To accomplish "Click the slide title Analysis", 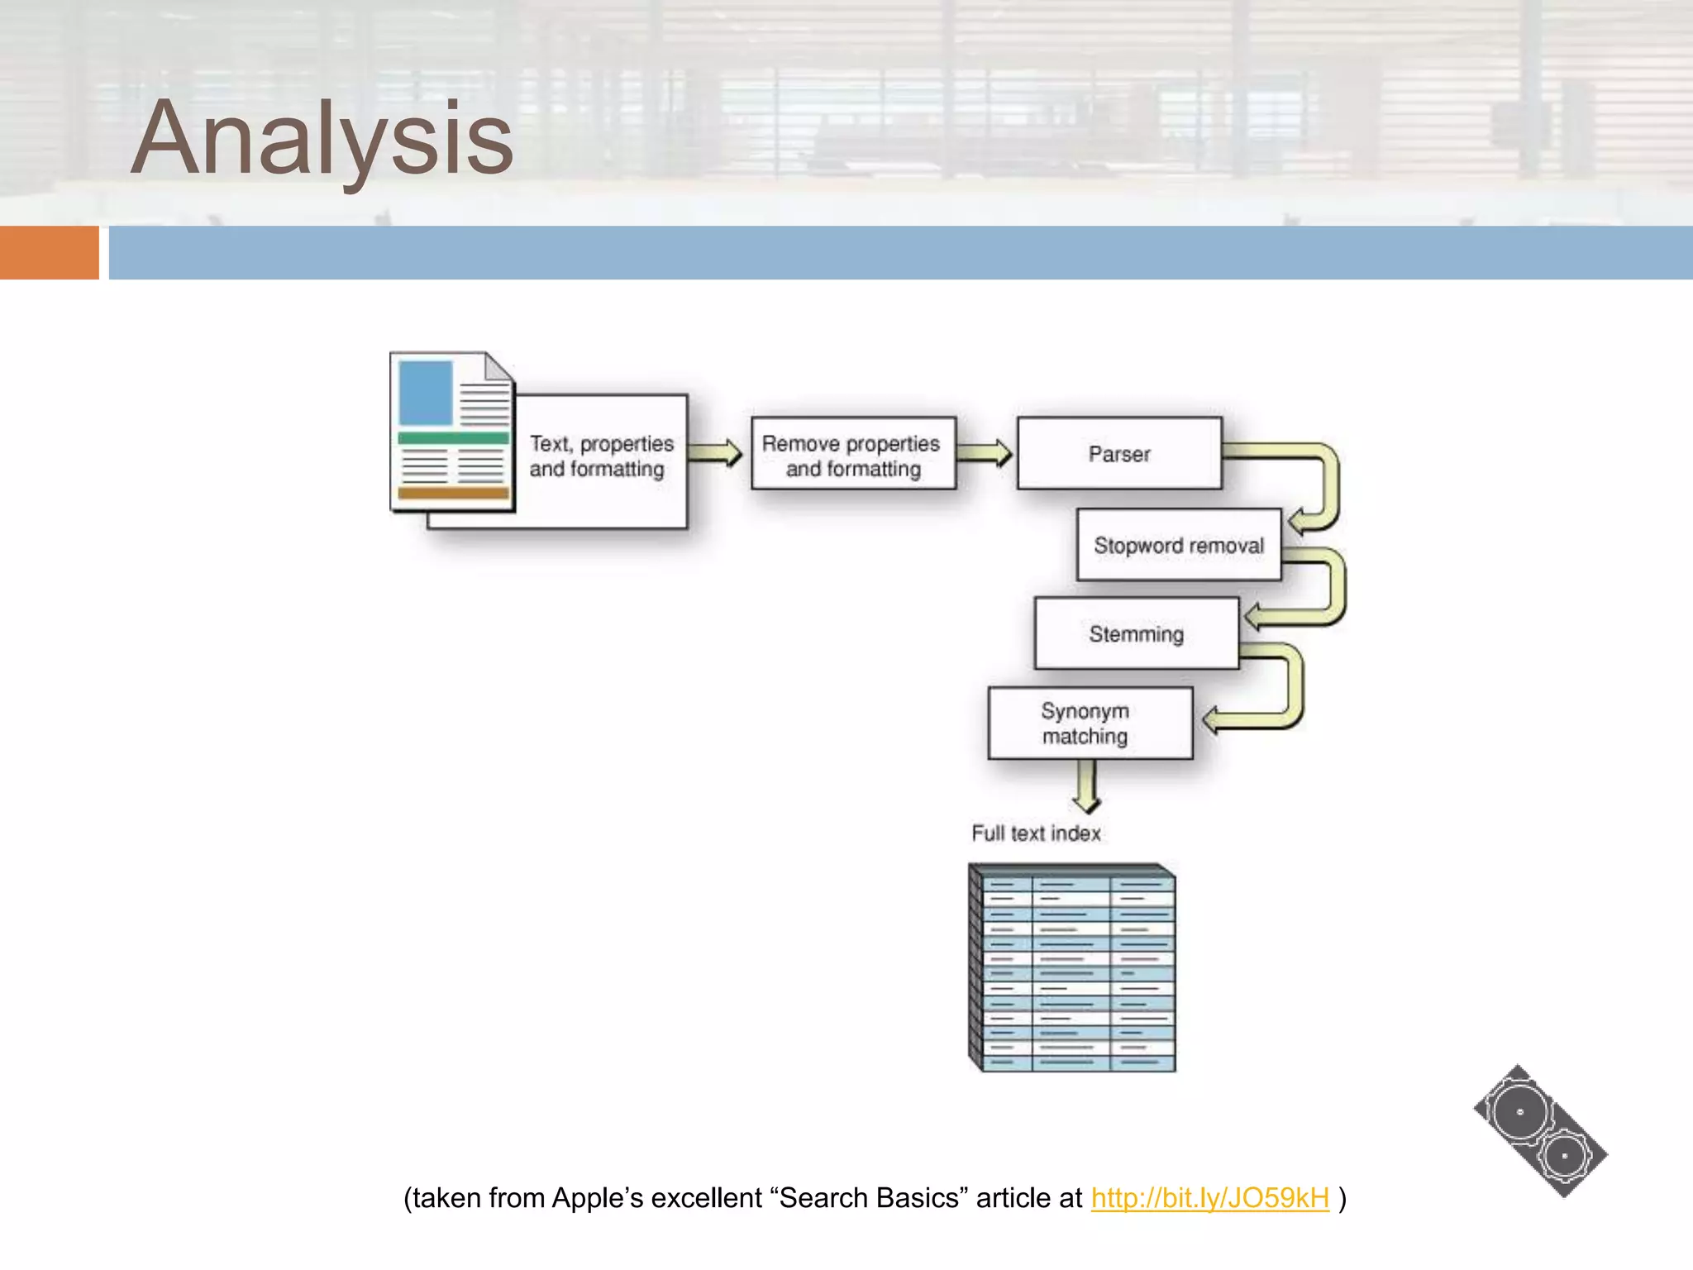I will (x=322, y=139).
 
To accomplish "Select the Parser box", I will (x=1118, y=454).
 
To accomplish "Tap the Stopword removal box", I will (x=1178, y=546).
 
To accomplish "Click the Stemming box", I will (x=1136, y=634).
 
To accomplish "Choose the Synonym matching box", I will (x=1089, y=723).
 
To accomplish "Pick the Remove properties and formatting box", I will (x=852, y=455).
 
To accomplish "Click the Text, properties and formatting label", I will (x=601, y=456).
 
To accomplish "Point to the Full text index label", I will (x=1036, y=833).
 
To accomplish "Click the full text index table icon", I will (x=1072, y=968).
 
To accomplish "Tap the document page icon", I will (x=452, y=432).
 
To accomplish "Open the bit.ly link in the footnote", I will (x=1209, y=1198).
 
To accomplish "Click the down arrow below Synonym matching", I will (x=1086, y=785).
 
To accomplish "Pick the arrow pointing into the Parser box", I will (x=984, y=453).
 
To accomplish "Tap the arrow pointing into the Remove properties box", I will (x=716, y=453).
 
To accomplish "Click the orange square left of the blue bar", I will (x=49, y=252).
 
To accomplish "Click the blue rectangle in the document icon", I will (x=426, y=393).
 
